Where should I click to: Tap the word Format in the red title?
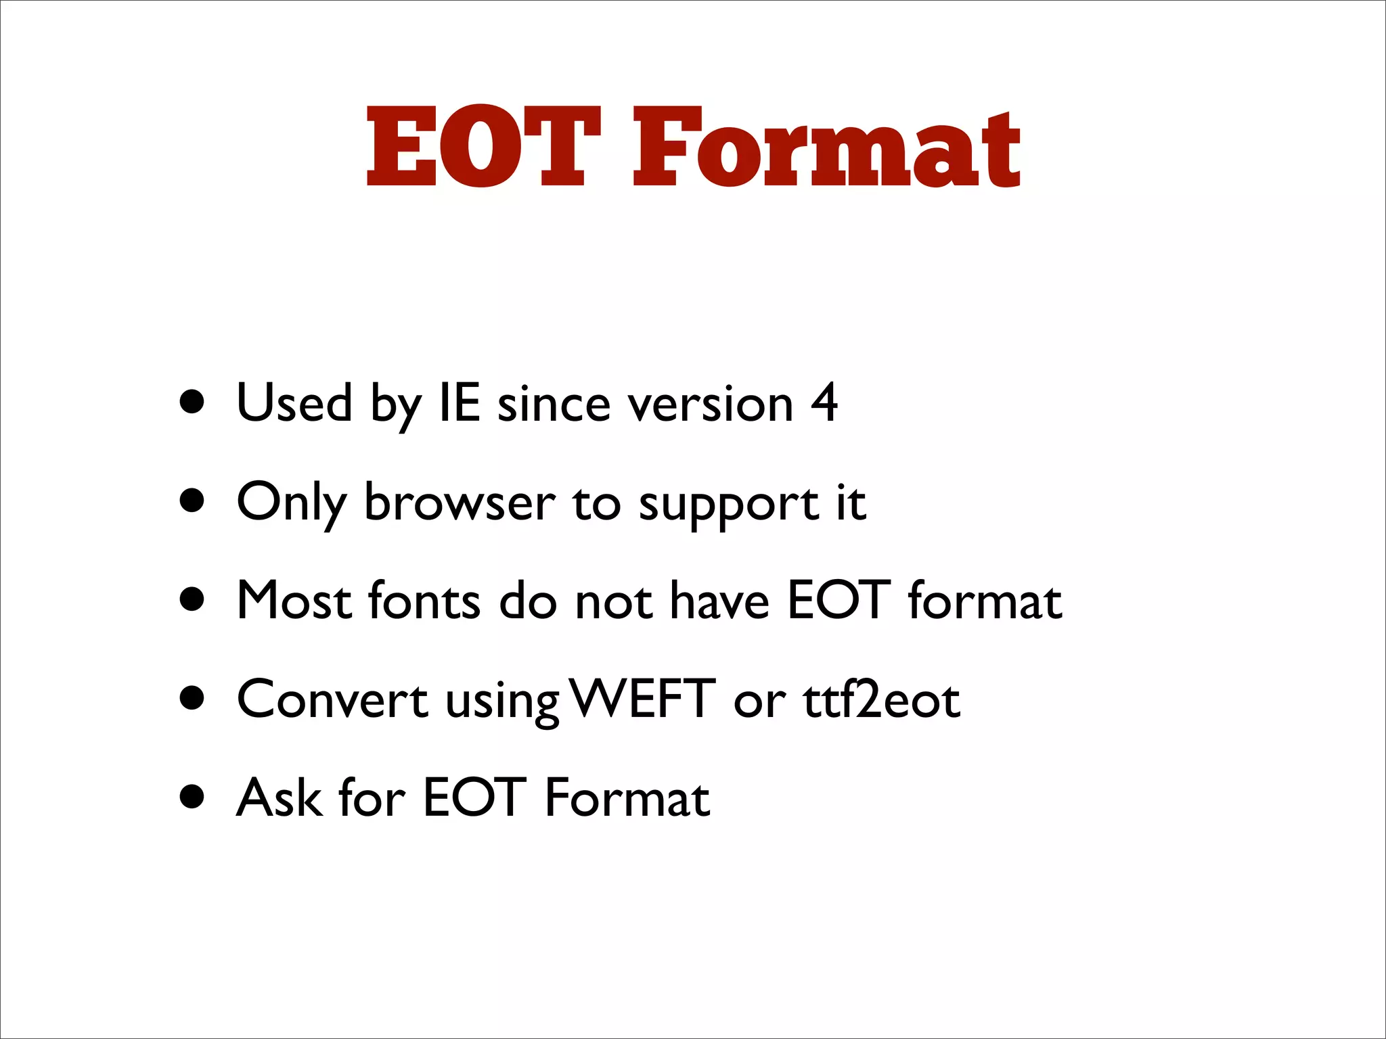826,147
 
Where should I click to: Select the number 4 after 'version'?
824,403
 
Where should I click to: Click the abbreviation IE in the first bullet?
460,403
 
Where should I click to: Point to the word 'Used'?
294,403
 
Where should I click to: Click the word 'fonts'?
424,601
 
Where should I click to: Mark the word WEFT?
642,699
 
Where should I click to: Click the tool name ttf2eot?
881,699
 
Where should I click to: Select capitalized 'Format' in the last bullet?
627,798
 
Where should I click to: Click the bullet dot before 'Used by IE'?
193,402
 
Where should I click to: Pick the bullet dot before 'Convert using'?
193,698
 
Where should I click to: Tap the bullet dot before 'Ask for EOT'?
193,797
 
